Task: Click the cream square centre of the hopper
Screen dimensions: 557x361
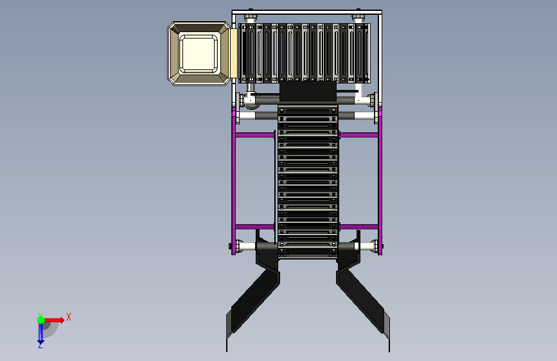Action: (199, 53)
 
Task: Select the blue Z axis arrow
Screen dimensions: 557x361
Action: (40, 333)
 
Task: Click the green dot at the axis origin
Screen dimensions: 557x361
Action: (40, 320)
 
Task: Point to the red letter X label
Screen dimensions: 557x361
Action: (69, 317)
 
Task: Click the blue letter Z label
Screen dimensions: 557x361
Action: (40, 345)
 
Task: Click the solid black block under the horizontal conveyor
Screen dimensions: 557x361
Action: (308, 91)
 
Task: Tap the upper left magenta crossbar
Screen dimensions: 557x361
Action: (254, 135)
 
